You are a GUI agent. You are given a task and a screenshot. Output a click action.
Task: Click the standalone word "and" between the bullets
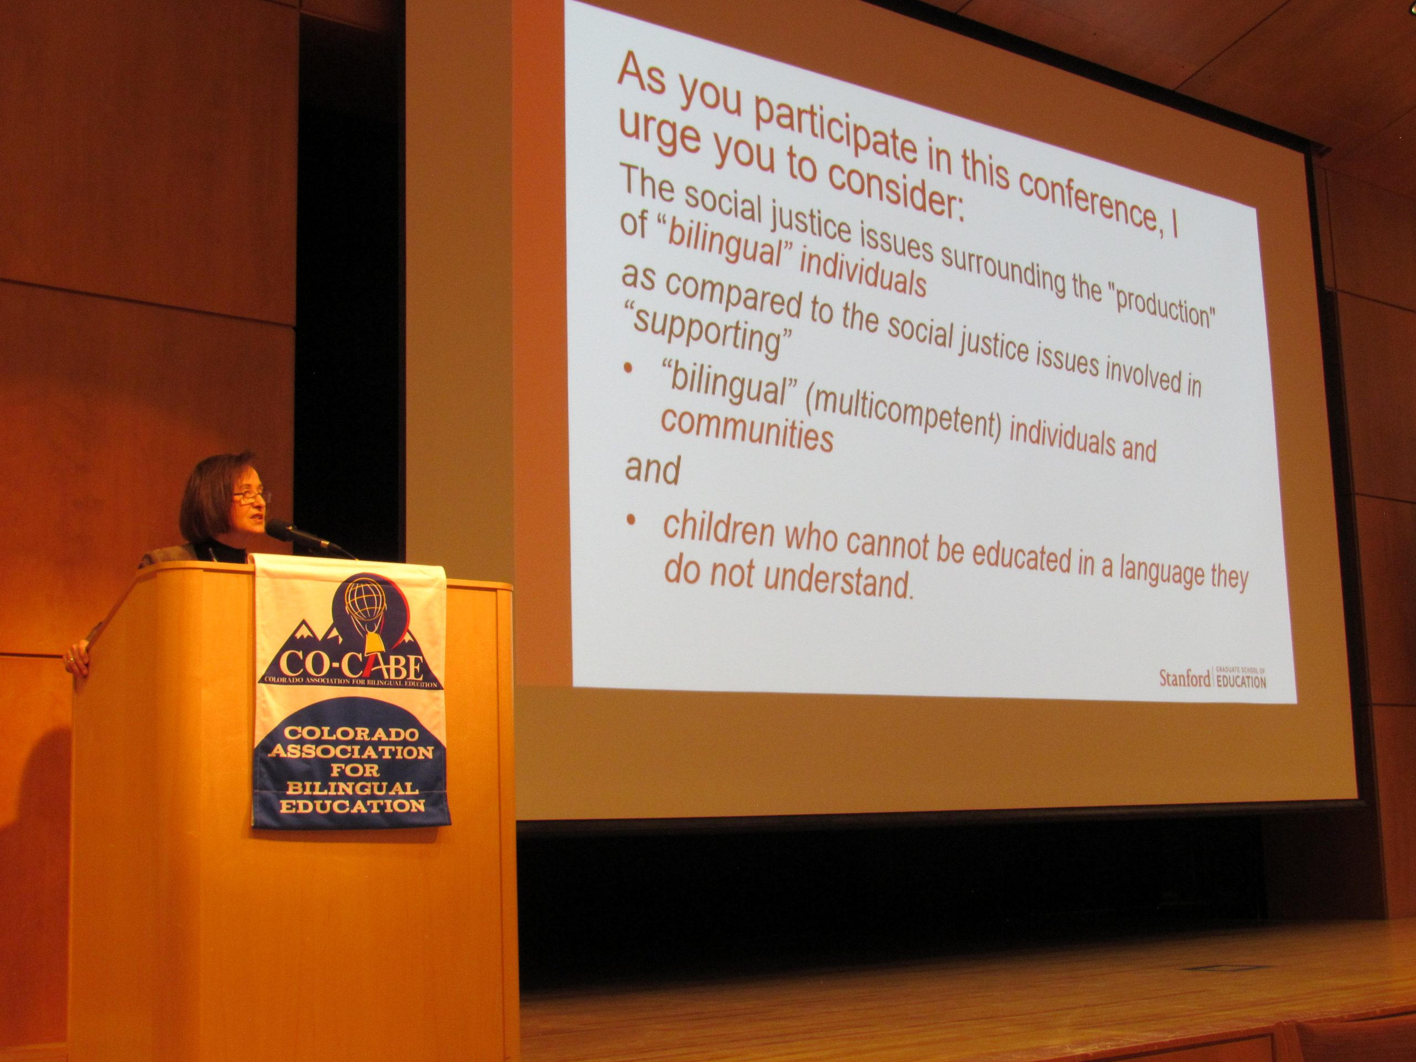(652, 469)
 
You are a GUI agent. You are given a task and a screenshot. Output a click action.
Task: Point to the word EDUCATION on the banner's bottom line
(352, 806)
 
